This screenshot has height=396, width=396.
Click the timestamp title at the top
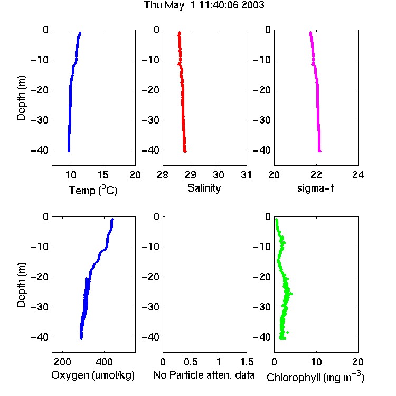pyautogui.click(x=204, y=5)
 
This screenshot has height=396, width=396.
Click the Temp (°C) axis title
pyautogui.click(x=93, y=190)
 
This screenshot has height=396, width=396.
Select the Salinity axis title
pyautogui.click(x=204, y=188)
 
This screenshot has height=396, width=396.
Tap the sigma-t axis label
pyautogui.click(x=315, y=188)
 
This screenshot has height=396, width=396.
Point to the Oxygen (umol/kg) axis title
pyautogui.click(x=93, y=375)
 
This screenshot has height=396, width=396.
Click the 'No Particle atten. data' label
pyautogui.click(x=204, y=375)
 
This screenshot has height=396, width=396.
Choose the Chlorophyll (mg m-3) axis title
pyautogui.click(x=315, y=377)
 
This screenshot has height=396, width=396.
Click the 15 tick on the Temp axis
pyautogui.click(x=103, y=175)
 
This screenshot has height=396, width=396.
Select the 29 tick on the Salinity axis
pyautogui.click(x=191, y=175)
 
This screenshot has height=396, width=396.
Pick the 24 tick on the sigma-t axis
pyautogui.click(x=358, y=175)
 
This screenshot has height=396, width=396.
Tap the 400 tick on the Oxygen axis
pyautogui.click(x=105, y=362)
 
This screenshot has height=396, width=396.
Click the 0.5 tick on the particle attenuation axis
pyautogui.click(x=191, y=362)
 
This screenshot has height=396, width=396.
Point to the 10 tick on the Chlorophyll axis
pyautogui.click(x=316, y=362)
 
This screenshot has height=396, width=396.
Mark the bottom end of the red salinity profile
pyautogui.click(x=185, y=152)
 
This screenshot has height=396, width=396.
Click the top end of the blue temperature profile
pyautogui.click(x=80, y=33)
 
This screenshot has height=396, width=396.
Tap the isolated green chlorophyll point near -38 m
pyautogui.click(x=287, y=332)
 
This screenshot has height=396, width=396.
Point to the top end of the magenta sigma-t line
pyautogui.click(x=310, y=33)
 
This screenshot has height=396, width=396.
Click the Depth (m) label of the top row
pyautogui.click(x=21, y=98)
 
